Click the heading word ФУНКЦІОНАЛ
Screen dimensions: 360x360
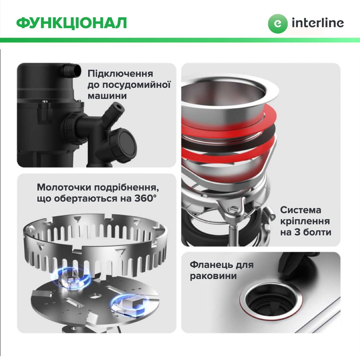(72, 22)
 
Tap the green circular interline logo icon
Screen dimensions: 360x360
(278, 23)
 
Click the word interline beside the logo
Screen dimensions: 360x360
(318, 23)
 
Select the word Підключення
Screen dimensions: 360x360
(120, 74)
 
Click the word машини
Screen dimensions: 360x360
(107, 96)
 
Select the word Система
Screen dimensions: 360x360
(301, 210)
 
